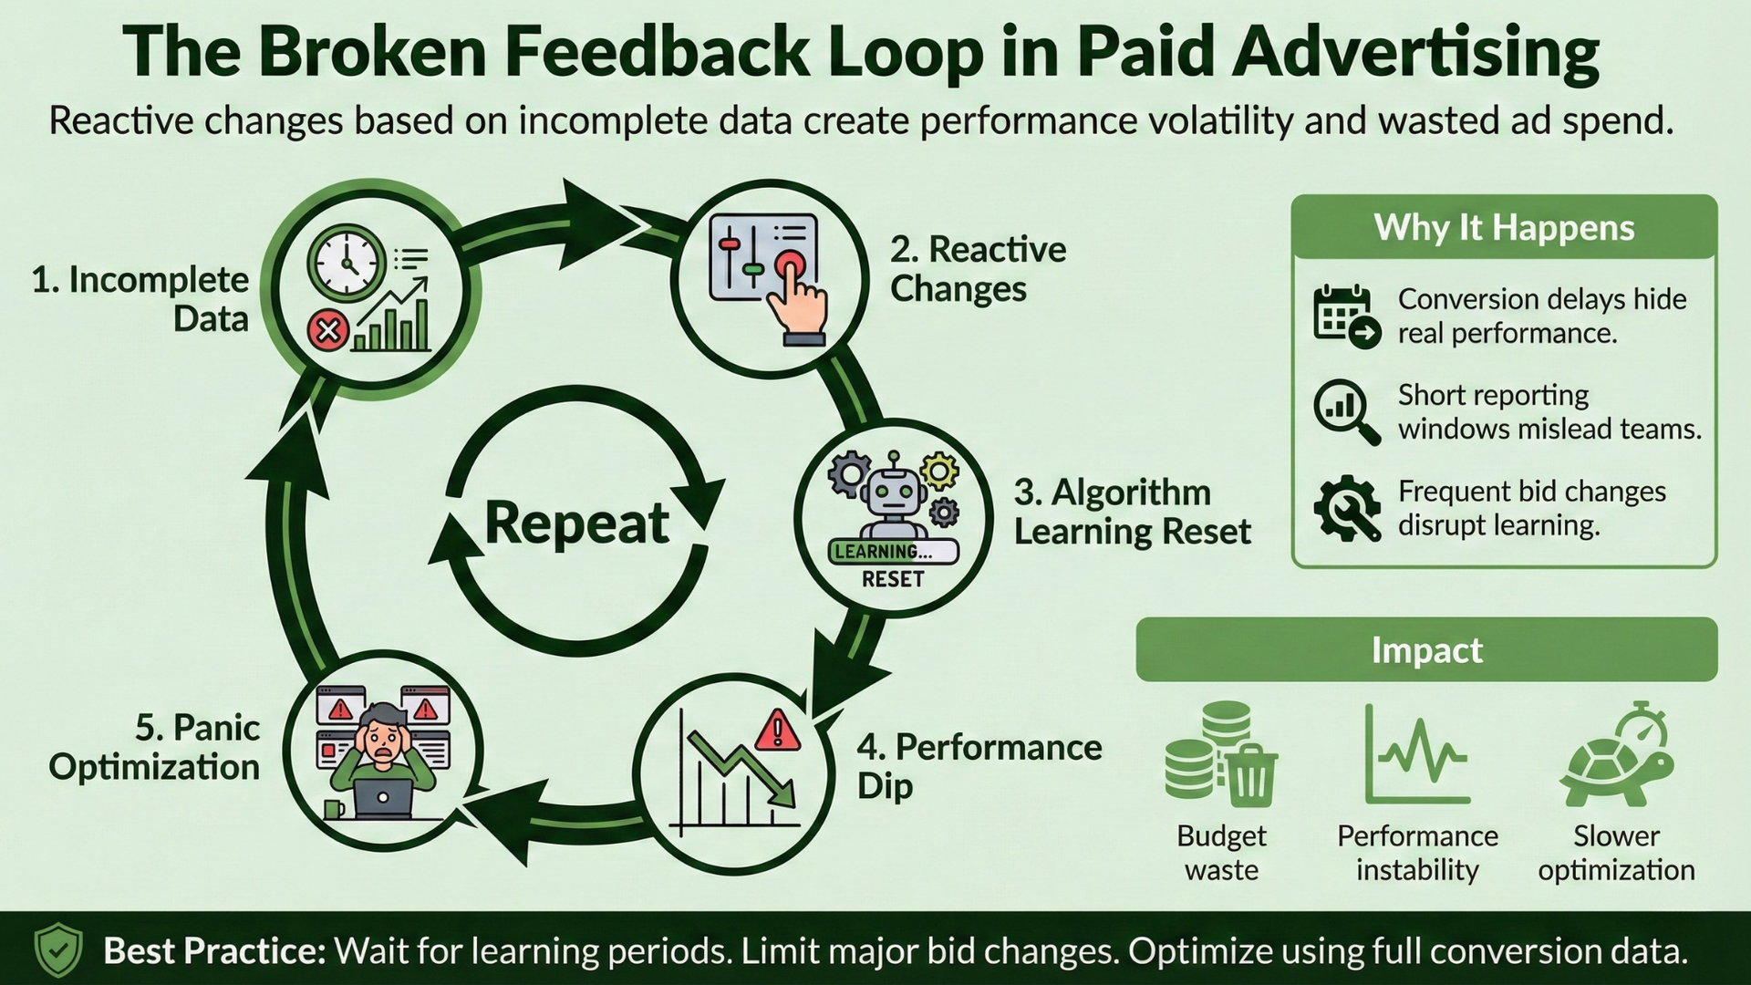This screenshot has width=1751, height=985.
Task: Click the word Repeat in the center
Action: (576, 523)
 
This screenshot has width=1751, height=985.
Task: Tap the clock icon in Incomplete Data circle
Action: (347, 264)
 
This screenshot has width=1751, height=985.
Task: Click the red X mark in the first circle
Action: (328, 330)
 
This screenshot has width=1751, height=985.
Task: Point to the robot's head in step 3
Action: (892, 493)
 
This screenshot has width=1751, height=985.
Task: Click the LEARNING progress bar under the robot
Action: (893, 552)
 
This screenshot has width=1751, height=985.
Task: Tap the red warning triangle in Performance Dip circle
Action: (778, 731)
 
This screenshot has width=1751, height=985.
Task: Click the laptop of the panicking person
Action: (383, 798)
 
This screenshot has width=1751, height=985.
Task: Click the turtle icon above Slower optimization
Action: (1617, 764)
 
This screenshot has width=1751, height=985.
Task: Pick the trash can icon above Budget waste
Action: (1250, 775)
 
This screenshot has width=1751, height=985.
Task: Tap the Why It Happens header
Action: (1504, 227)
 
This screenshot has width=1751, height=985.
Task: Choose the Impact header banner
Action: (1426, 650)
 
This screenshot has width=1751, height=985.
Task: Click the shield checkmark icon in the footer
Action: (58, 950)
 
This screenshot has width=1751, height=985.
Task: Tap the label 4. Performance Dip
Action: (978, 766)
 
